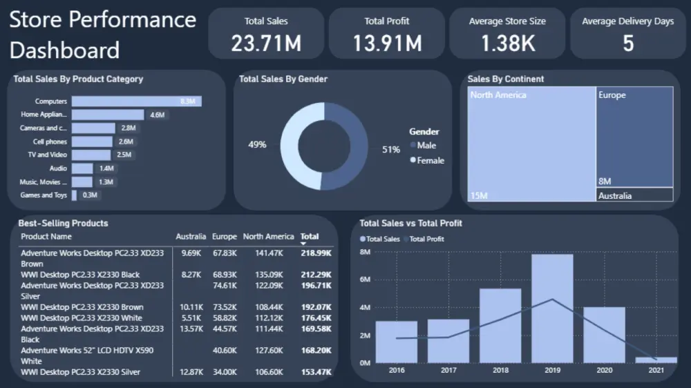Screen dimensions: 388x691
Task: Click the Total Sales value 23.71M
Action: pyautogui.click(x=266, y=43)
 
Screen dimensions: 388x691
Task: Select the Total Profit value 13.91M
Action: pyautogui.click(x=387, y=43)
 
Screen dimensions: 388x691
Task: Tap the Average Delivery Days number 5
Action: pyautogui.click(x=627, y=43)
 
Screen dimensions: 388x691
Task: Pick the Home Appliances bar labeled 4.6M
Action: pyautogui.click(x=108, y=115)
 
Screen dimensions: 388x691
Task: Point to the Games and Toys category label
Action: pyautogui.click(x=44, y=195)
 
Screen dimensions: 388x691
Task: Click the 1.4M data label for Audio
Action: pyautogui.click(x=106, y=168)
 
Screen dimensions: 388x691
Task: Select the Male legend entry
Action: pyautogui.click(x=426, y=146)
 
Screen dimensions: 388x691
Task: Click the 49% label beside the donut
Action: pyautogui.click(x=257, y=145)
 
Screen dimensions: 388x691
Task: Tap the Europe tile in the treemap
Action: pyautogui.click(x=634, y=137)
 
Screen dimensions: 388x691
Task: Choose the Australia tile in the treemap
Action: pyautogui.click(x=634, y=195)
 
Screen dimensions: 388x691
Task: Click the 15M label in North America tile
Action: pyautogui.click(x=479, y=196)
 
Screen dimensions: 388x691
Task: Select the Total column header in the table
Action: pyautogui.click(x=310, y=237)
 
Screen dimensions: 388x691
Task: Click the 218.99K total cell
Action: pyautogui.click(x=316, y=253)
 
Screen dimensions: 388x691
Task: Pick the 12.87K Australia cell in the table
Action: pyautogui.click(x=190, y=372)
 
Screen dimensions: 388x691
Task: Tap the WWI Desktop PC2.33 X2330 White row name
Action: pyautogui.click(x=82, y=318)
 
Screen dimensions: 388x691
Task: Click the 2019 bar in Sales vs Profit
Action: pyautogui.click(x=552, y=308)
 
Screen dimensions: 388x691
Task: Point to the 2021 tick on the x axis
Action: pyautogui.click(x=656, y=370)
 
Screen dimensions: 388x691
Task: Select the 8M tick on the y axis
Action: pyautogui.click(x=366, y=253)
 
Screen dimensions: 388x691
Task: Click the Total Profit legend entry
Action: pyautogui.click(x=426, y=239)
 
